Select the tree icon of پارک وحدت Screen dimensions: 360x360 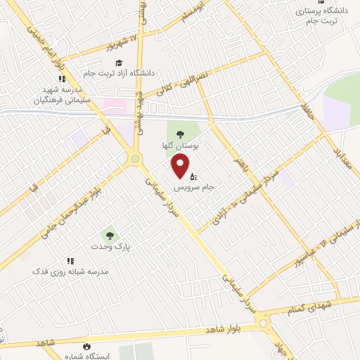click(x=109, y=235)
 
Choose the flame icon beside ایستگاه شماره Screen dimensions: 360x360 click(x=86, y=347)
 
